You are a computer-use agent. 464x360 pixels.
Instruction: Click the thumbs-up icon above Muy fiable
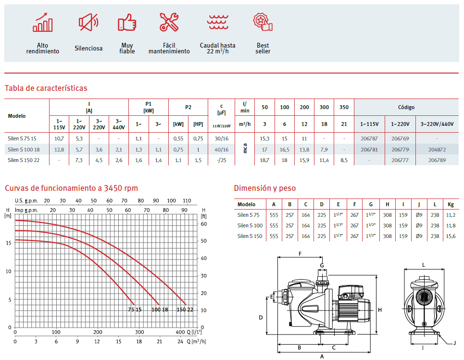coord(127,22)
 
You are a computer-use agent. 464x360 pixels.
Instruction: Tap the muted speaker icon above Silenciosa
coord(88,22)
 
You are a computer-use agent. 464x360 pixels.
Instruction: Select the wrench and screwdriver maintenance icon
coord(169,22)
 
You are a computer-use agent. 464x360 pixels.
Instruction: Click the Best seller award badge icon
coord(263,22)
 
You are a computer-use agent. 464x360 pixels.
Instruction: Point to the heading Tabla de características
coord(46,88)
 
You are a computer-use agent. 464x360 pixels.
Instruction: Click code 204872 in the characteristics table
coord(437,149)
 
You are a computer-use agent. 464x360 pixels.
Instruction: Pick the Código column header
coord(406,107)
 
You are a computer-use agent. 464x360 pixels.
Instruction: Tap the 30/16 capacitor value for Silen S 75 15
coord(221,138)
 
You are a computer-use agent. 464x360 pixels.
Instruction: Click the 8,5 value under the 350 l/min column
coord(344,161)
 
